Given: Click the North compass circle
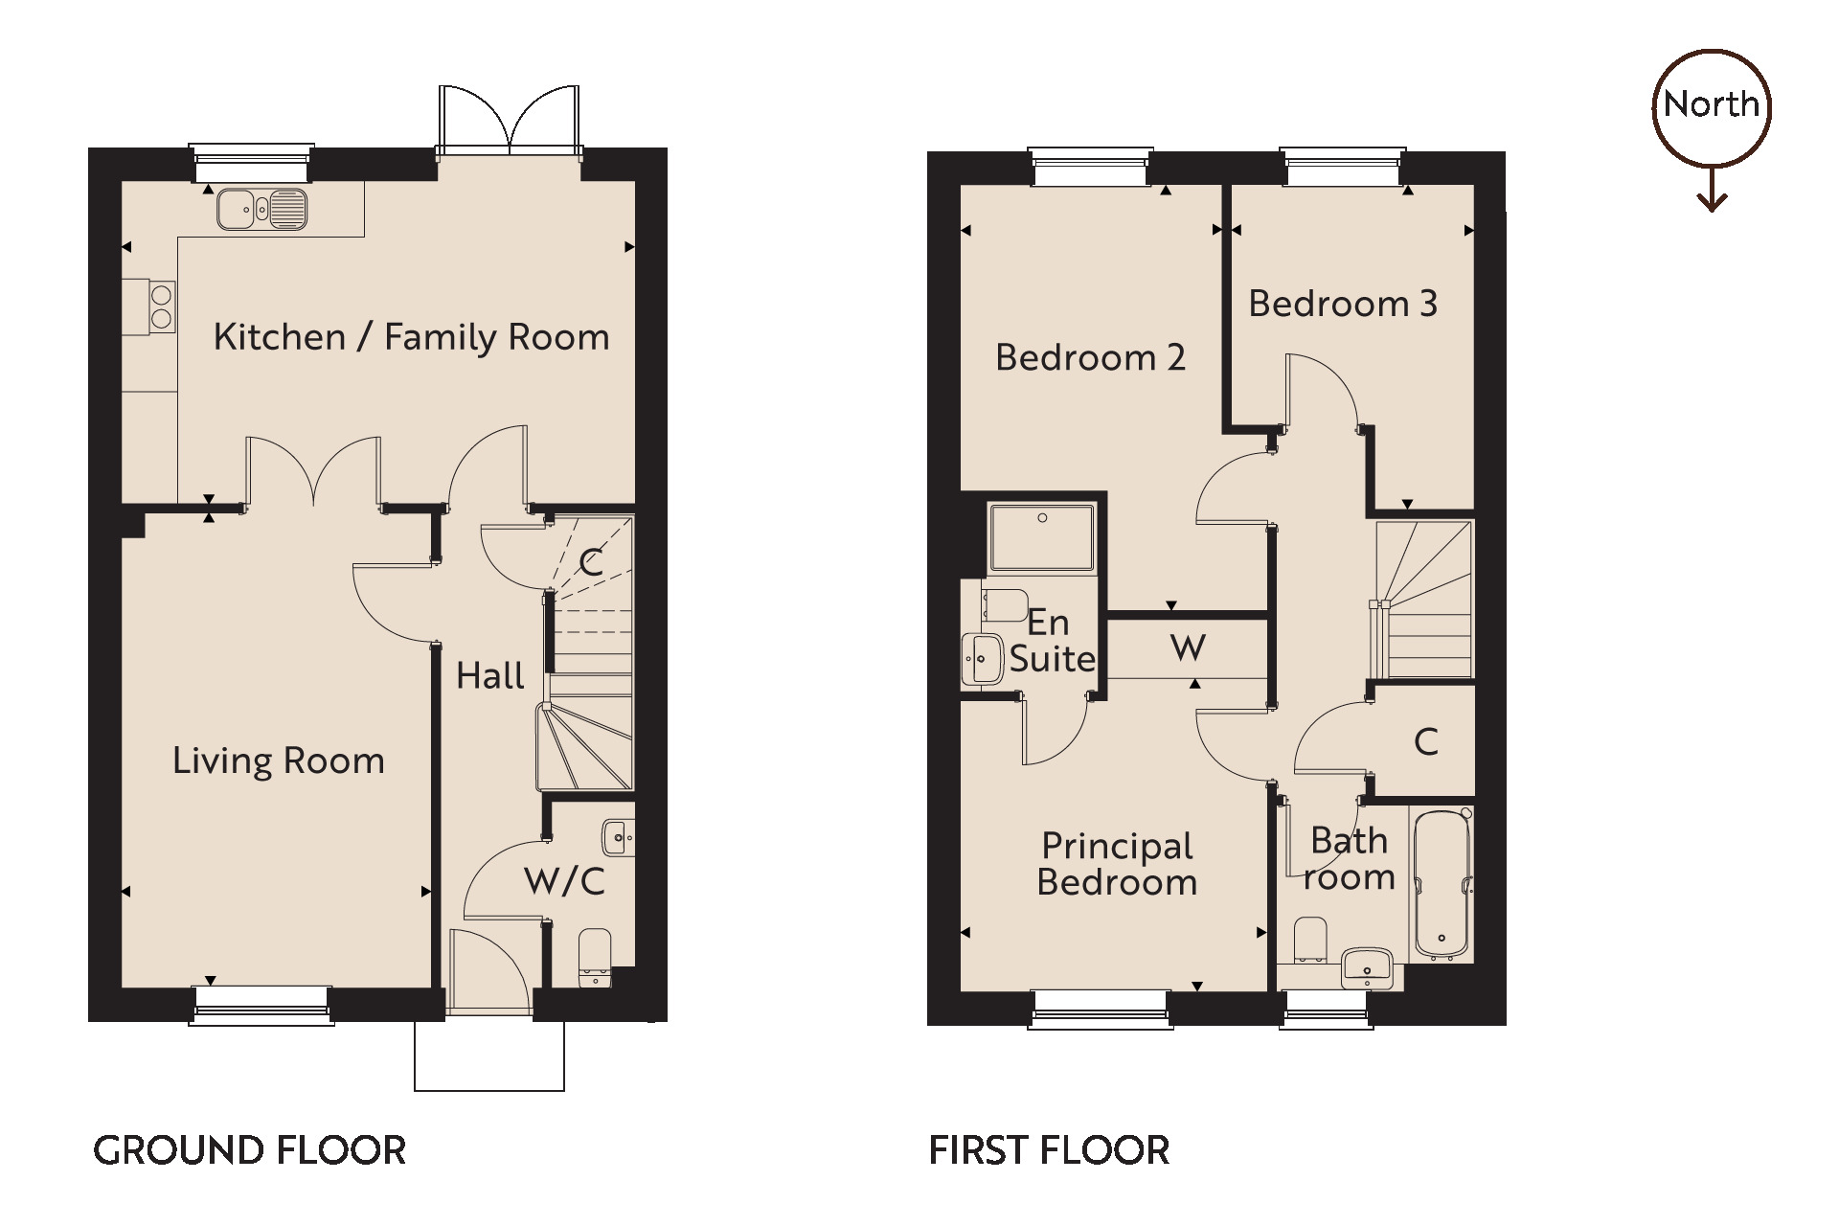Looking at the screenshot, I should click(x=1712, y=105).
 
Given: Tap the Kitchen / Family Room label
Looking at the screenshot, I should click(x=411, y=337).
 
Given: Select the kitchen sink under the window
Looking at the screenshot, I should click(x=261, y=209).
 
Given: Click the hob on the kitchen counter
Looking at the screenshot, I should click(x=162, y=306).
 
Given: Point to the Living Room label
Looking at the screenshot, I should click(x=279, y=761).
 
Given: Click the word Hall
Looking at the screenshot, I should click(x=489, y=676).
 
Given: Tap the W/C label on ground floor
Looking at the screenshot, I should click(x=564, y=881).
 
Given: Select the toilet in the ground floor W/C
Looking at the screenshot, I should click(x=595, y=956).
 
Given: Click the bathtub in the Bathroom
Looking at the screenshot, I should click(x=1442, y=883).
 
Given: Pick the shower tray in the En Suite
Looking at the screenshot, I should click(x=1042, y=538).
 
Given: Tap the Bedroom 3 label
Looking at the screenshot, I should click(x=1343, y=304).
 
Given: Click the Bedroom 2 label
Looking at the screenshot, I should click(x=1090, y=357).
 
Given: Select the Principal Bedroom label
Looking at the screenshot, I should click(x=1117, y=864).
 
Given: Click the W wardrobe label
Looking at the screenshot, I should click(x=1188, y=648).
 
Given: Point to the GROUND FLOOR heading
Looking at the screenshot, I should click(x=249, y=1150).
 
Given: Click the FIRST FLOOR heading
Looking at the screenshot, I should click(x=1049, y=1150).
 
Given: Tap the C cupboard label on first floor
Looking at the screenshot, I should click(x=1425, y=741).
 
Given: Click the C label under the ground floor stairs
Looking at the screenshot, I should click(x=591, y=562).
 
